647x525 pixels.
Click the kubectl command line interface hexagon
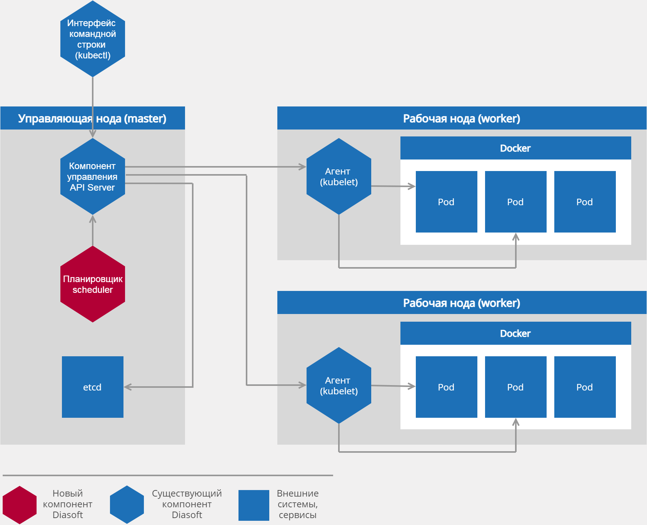coord(92,39)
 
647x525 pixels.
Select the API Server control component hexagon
coord(92,176)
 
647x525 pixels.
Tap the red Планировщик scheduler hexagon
coord(92,284)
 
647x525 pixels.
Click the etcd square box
coord(92,387)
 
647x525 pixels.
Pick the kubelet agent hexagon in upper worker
coord(339,176)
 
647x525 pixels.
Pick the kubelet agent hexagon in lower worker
coord(339,385)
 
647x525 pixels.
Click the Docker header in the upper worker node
coord(515,148)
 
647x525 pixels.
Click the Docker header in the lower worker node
coord(515,333)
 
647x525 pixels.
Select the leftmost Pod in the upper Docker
coord(446,202)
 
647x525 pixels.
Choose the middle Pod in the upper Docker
coord(515,202)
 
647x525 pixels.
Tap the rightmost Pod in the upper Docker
coord(585,202)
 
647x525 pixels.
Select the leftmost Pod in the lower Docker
coord(446,387)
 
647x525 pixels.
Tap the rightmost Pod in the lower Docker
coord(585,387)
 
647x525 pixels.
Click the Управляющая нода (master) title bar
coord(92,118)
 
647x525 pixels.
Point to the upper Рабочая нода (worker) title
coord(462,118)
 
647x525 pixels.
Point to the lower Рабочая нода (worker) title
coord(462,303)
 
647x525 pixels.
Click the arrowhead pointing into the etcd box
coord(127,387)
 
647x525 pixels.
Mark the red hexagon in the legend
coord(20,505)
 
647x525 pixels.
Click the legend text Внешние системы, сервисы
coord(297,504)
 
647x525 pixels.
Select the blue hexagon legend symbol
coord(127,505)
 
